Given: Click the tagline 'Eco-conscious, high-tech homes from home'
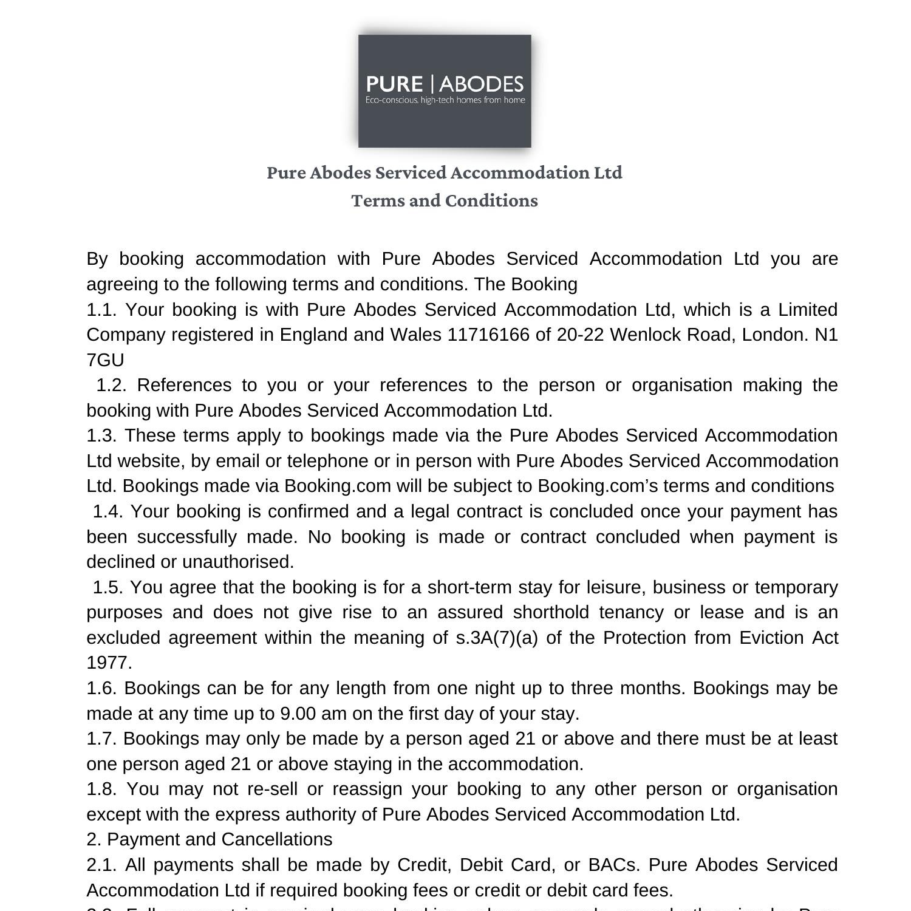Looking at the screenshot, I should click(445, 100).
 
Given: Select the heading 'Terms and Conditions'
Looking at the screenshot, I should click(445, 201).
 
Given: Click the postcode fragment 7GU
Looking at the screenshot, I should click(105, 361).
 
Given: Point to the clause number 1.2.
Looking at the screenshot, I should click(111, 386).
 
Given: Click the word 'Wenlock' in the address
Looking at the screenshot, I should click(645, 335).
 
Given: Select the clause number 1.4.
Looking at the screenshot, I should click(107, 512).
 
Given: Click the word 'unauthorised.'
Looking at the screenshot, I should click(238, 562).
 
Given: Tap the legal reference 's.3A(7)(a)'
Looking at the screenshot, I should click(496, 638).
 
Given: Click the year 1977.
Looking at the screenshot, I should click(109, 663).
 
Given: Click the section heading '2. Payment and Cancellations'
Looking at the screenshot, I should click(210, 840).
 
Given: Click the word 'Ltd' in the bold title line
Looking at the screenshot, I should click(608, 173).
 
